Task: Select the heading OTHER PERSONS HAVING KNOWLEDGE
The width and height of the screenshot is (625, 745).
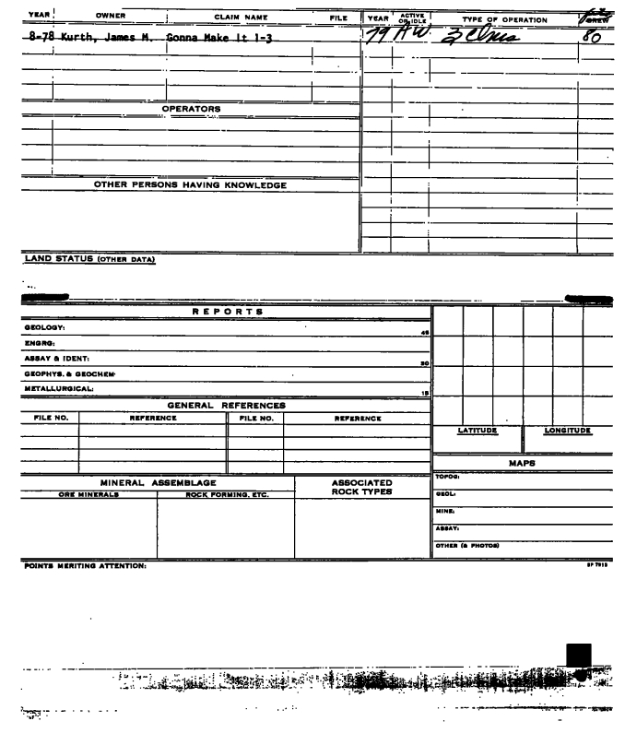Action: pos(191,185)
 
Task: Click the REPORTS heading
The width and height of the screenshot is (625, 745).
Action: pos(228,312)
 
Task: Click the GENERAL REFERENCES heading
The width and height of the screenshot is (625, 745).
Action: pos(226,405)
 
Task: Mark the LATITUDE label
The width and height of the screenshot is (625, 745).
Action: pos(478,431)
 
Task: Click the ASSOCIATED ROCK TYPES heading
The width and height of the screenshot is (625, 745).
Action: pos(361,487)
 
